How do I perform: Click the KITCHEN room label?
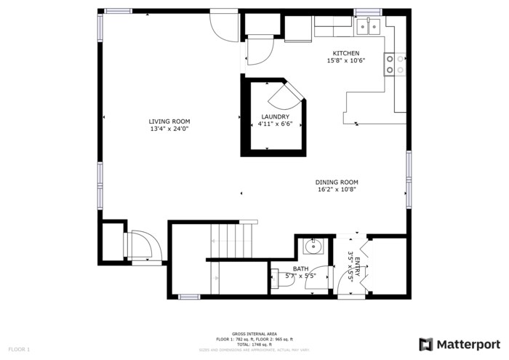pyautogui.click(x=345, y=53)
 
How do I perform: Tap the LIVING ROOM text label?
pyautogui.click(x=169, y=121)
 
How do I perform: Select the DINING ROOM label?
pyautogui.click(x=337, y=182)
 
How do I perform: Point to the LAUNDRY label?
pyautogui.click(x=275, y=116)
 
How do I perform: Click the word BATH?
pyautogui.click(x=280, y=268)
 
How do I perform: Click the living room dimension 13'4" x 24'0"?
pyautogui.click(x=169, y=129)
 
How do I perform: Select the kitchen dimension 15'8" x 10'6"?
pyautogui.click(x=345, y=60)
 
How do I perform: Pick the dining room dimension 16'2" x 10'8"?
pyautogui.click(x=337, y=190)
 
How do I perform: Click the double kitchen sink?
pyautogui.click(x=370, y=27)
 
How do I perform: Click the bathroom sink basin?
pyautogui.click(x=313, y=247)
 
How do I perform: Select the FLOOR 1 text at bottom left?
pyautogui.click(x=19, y=350)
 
